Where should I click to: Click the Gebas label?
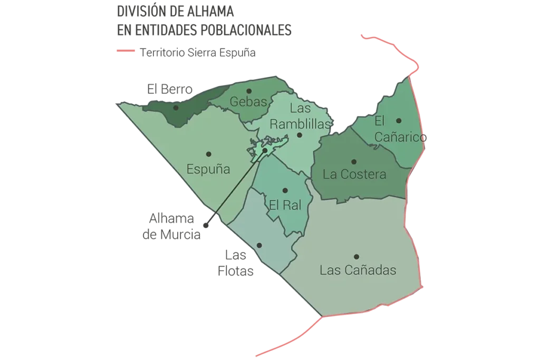[249, 102]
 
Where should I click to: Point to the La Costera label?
[354, 174]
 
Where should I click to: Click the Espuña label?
[208, 170]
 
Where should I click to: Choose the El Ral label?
[285, 205]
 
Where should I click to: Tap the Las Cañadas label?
[358, 270]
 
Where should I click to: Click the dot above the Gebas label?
[249, 91]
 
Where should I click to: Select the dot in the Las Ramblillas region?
[299, 135]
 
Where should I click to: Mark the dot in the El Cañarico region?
[399, 121]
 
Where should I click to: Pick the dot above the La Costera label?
[354, 162]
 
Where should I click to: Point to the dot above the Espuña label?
[209, 154]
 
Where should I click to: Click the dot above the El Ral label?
[285, 190]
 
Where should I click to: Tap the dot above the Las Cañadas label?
[357, 257]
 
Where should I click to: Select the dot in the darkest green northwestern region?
[176, 108]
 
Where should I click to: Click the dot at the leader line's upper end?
[265, 150]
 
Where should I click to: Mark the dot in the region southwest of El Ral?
[259, 245]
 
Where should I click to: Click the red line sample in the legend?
[127, 52]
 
